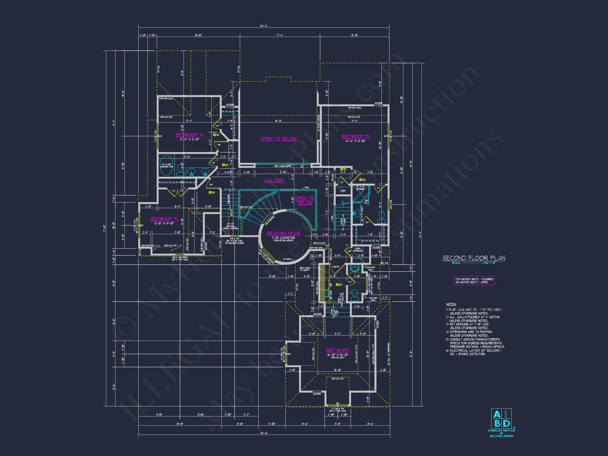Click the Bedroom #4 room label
(189, 135)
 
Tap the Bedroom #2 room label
(355, 137)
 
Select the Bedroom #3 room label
(164, 219)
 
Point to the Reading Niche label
(284, 233)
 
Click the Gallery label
(274, 180)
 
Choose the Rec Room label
(338, 350)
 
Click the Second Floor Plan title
(474, 258)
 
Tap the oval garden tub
(166, 166)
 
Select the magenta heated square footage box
(474, 281)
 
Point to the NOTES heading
(451, 304)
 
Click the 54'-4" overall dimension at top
(264, 26)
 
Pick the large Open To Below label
(278, 139)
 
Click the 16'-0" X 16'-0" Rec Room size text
(338, 355)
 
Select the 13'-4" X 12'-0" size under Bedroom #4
(189, 139)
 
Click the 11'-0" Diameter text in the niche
(284, 238)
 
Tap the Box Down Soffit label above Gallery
(283, 166)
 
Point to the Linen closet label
(343, 191)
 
